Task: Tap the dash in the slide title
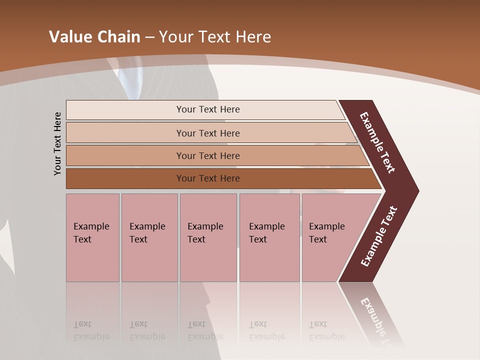[149, 37]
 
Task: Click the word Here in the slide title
[252, 37]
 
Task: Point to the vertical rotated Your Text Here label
[57, 143]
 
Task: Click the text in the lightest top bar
[208, 109]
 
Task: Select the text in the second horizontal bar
[208, 133]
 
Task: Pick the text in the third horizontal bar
[208, 156]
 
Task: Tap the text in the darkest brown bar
[208, 178]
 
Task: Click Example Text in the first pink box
[91, 233]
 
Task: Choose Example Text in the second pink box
[147, 233]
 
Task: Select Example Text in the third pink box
[205, 233]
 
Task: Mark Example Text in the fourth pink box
[266, 233]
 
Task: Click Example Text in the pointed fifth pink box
[326, 233]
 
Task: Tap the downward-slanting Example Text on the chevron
[377, 142]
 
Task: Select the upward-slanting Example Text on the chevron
[379, 236]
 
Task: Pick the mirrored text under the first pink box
[91, 330]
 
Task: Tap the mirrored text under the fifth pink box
[326, 330]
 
